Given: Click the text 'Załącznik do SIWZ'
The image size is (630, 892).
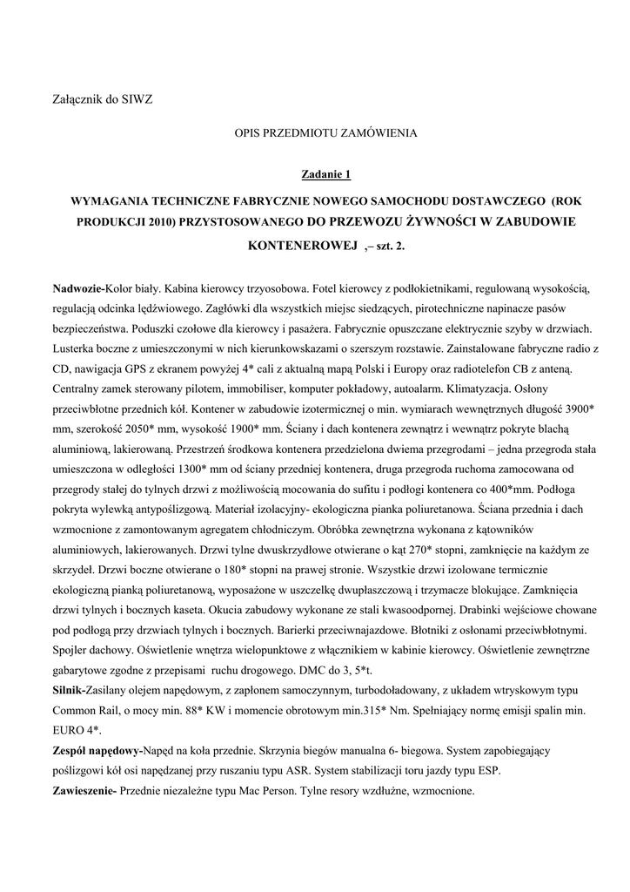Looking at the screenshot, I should pyautogui.click(x=102, y=99).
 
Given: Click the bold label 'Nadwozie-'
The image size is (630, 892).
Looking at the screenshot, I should pyautogui.click(x=78, y=288).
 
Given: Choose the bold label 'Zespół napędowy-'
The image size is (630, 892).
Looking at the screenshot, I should pyautogui.click(x=97, y=750).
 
